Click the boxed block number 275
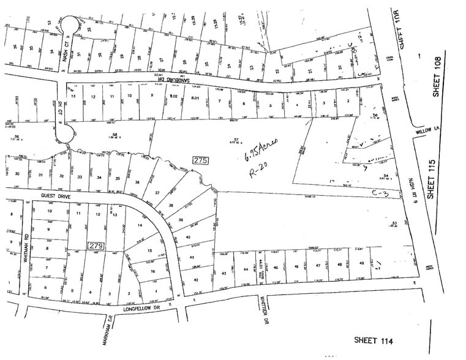tap(201, 161)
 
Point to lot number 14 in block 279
tap(140, 225)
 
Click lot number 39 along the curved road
tap(180, 220)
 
